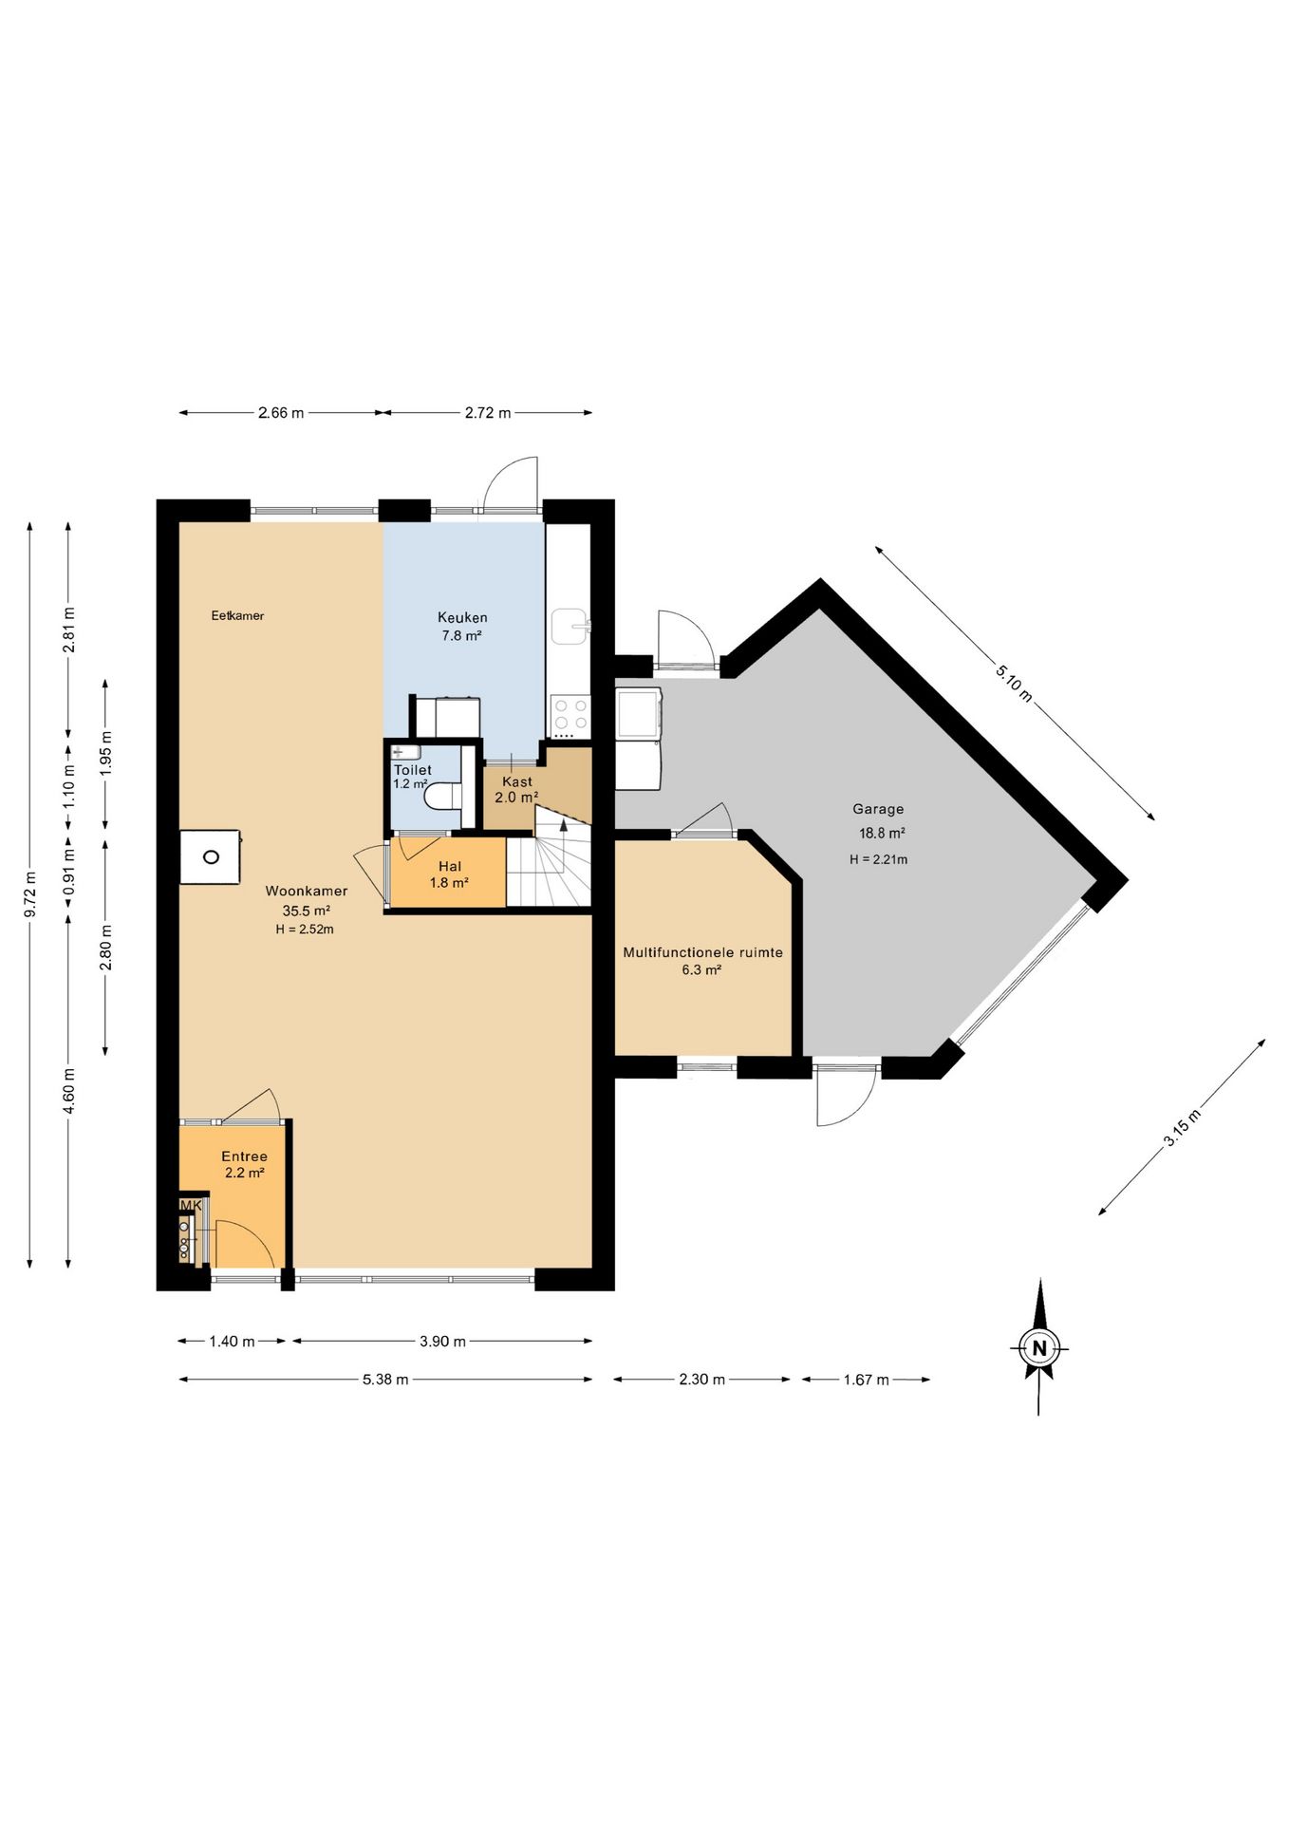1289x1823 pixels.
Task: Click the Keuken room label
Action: pos(462,617)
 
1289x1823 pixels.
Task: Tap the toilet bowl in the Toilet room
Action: pos(442,796)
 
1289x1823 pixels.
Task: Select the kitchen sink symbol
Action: pos(570,626)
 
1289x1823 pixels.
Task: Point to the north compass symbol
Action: pos(1039,1346)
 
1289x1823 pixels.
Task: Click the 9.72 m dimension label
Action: pos(30,894)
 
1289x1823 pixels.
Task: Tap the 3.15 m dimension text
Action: pos(1182,1128)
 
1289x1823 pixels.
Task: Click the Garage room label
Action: pos(878,809)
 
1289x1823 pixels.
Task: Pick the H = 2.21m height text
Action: pos(878,859)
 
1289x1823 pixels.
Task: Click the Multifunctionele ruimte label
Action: pos(702,952)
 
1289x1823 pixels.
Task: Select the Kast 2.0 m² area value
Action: pos(516,798)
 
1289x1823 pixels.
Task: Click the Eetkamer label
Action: pos(237,615)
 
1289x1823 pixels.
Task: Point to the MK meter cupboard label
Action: pos(191,1206)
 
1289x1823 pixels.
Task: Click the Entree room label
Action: pos(244,1156)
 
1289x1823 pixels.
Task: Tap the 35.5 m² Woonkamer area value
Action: pos(306,911)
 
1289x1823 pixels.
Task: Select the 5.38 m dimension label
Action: pos(385,1380)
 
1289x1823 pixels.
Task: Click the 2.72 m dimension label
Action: pos(488,413)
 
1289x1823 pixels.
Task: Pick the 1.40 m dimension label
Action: pos(232,1342)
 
